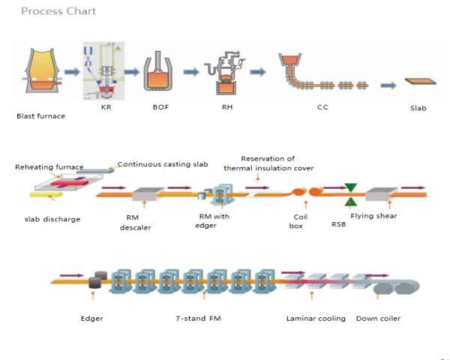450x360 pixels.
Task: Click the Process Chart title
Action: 58,12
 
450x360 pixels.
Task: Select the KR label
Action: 105,108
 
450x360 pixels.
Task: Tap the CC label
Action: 322,108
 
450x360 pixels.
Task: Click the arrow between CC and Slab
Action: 388,85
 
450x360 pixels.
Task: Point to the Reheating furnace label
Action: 49,167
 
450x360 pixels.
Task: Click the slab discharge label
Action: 47,218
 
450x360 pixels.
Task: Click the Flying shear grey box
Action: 382,194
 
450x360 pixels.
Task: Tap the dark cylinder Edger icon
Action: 95,281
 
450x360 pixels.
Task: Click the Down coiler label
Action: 379,319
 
